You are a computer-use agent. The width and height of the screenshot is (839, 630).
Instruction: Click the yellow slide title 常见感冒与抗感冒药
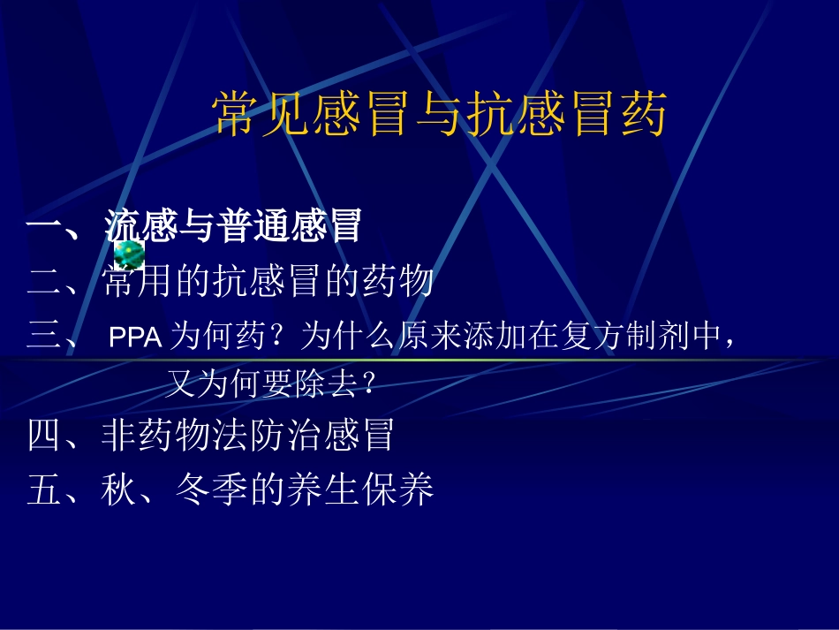coord(439,115)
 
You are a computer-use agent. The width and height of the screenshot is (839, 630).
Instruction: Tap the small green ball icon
coord(129,254)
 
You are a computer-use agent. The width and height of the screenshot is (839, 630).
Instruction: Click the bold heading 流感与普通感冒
coord(233,226)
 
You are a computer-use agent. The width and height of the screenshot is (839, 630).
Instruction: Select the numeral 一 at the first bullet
coord(43,227)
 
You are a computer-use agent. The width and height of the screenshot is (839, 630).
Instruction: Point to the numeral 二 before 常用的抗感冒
coord(43,282)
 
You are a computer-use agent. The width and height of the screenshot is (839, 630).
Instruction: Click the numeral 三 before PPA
coord(43,337)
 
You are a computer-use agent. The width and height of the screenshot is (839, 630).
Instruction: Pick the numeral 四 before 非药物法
coord(43,436)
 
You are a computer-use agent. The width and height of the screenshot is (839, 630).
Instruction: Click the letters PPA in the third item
coord(135,338)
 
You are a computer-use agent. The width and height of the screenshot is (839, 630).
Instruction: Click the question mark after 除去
coord(370,383)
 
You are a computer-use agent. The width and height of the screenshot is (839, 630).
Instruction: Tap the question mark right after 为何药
coord(283,338)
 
